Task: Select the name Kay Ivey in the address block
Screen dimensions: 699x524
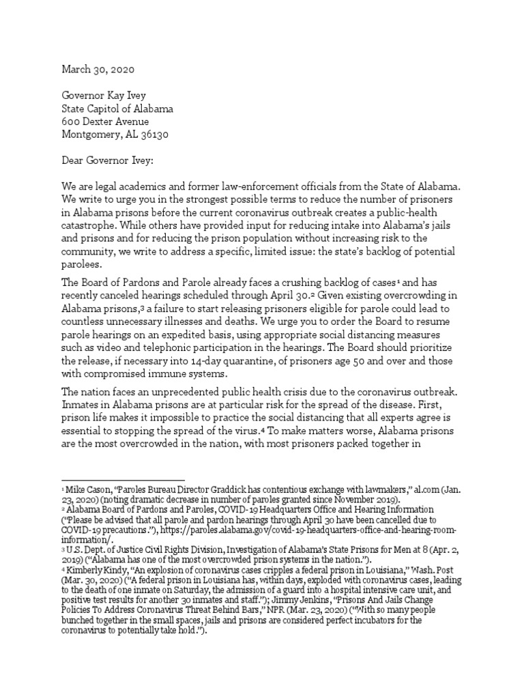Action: pos(131,96)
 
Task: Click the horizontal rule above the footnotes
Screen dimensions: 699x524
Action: pos(123,481)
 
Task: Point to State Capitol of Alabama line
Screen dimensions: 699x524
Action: pos(117,109)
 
